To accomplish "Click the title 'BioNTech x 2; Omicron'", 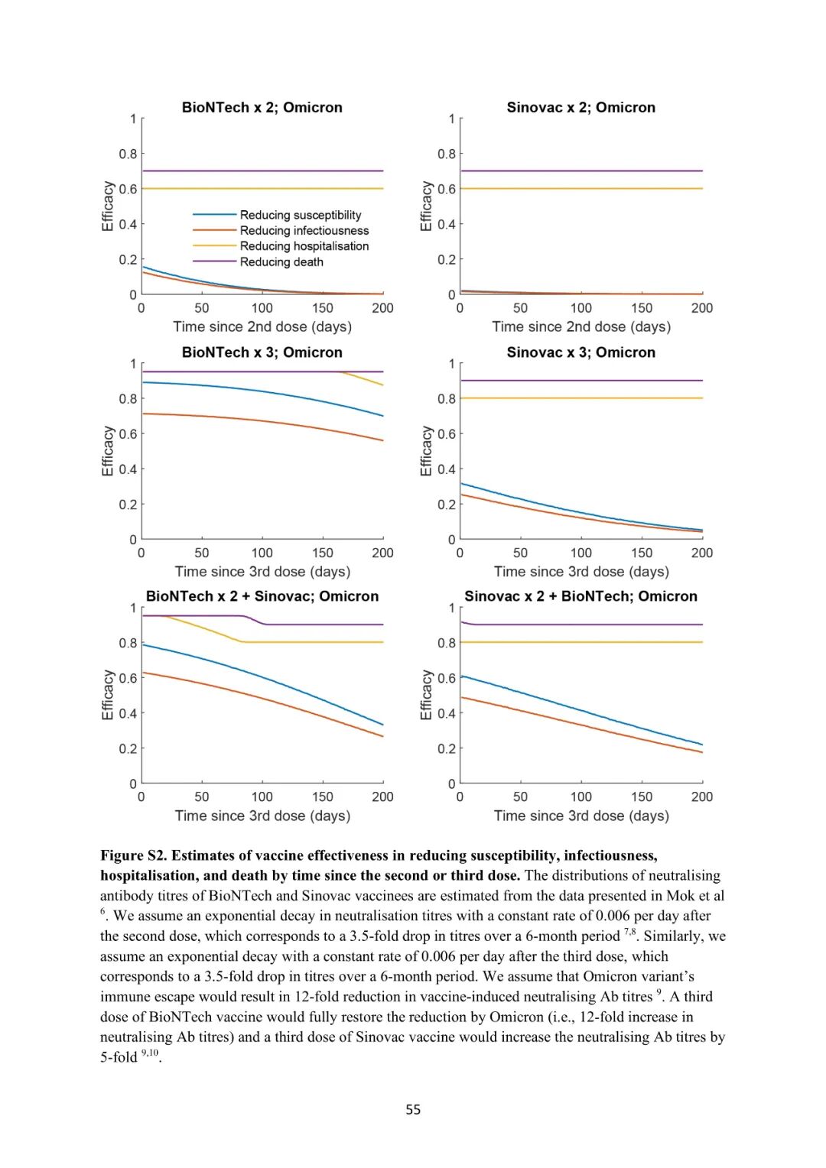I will pyautogui.click(x=262, y=108).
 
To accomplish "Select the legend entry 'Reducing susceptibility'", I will pyautogui.click(x=300, y=216).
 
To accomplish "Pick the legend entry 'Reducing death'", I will pyautogui.click(x=281, y=262).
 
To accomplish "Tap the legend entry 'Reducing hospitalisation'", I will pyautogui.click(x=304, y=246).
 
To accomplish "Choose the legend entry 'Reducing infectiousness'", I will pyautogui.click(x=304, y=231).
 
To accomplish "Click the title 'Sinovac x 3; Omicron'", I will pyautogui.click(x=580, y=352).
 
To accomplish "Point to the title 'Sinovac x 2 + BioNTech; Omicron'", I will pyautogui.click(x=580, y=596).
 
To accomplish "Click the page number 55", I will pyautogui.click(x=413, y=1109).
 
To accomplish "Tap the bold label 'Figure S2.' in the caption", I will pyautogui.click(x=133, y=855).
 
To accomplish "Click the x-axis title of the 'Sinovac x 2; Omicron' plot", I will pyautogui.click(x=580, y=327).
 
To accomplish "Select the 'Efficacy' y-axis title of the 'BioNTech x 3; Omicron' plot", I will pyautogui.click(x=108, y=451).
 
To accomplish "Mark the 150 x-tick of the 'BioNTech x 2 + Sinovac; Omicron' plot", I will pyautogui.click(x=322, y=797).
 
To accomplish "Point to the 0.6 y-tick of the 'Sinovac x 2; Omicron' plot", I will pyautogui.click(x=446, y=189).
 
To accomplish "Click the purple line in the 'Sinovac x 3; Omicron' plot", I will pyautogui.click(x=581, y=381).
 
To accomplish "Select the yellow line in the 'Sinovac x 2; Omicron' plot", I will pyautogui.click(x=581, y=189).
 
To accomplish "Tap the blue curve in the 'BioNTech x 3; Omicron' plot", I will pyautogui.click(x=262, y=391).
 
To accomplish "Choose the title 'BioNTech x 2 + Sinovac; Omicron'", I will pyautogui.click(x=262, y=596).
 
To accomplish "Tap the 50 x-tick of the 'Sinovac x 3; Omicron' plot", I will pyautogui.click(x=520, y=553).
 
